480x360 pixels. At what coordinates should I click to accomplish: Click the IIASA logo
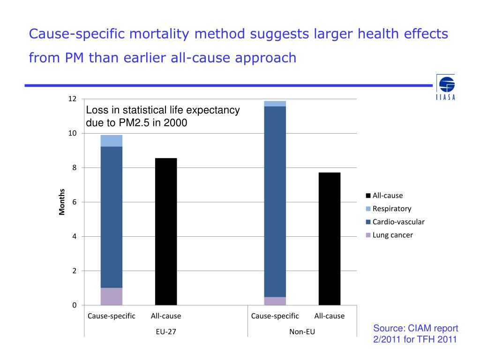click(x=446, y=87)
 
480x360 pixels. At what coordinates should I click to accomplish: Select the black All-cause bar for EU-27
click(x=166, y=232)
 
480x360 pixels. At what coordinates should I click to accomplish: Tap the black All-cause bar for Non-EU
click(x=330, y=239)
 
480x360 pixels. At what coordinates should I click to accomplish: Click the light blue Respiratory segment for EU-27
click(x=112, y=141)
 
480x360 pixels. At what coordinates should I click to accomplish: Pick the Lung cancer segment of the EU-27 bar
click(x=112, y=296)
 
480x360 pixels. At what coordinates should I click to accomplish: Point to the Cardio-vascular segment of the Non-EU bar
click(x=275, y=202)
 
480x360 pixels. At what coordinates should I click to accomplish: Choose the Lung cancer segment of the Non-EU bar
click(x=275, y=301)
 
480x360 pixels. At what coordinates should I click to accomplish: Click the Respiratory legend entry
click(x=391, y=209)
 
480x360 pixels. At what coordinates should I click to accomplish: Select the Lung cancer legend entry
click(x=392, y=235)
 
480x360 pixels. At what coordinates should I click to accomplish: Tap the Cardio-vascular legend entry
click(x=398, y=222)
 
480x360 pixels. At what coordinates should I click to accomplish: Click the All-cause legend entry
click(x=387, y=195)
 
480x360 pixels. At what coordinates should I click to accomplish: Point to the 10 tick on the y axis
click(x=73, y=134)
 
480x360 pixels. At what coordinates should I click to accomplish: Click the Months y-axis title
click(x=61, y=202)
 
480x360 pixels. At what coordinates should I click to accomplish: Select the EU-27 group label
click(x=166, y=331)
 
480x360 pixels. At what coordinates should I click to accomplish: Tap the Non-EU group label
click(x=302, y=331)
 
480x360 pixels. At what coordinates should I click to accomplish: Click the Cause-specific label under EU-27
click(x=112, y=316)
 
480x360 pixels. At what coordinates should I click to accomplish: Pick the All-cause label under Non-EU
click(x=330, y=316)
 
